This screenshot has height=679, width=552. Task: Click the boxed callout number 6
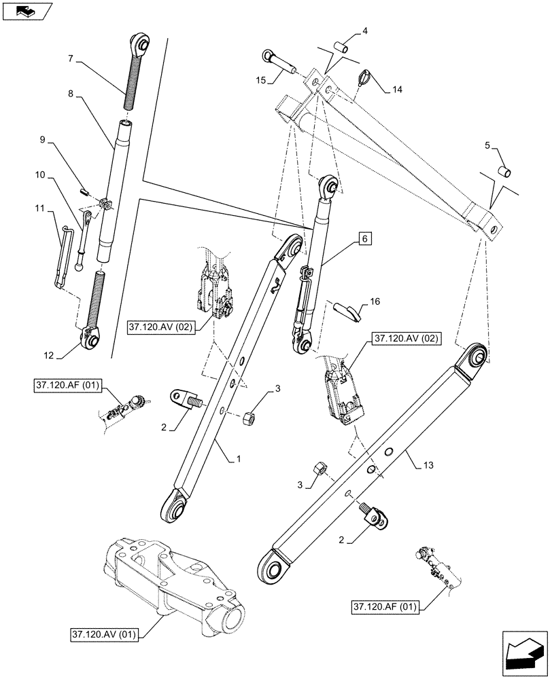click(364, 239)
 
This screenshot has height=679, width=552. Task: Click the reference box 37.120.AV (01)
click(103, 636)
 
